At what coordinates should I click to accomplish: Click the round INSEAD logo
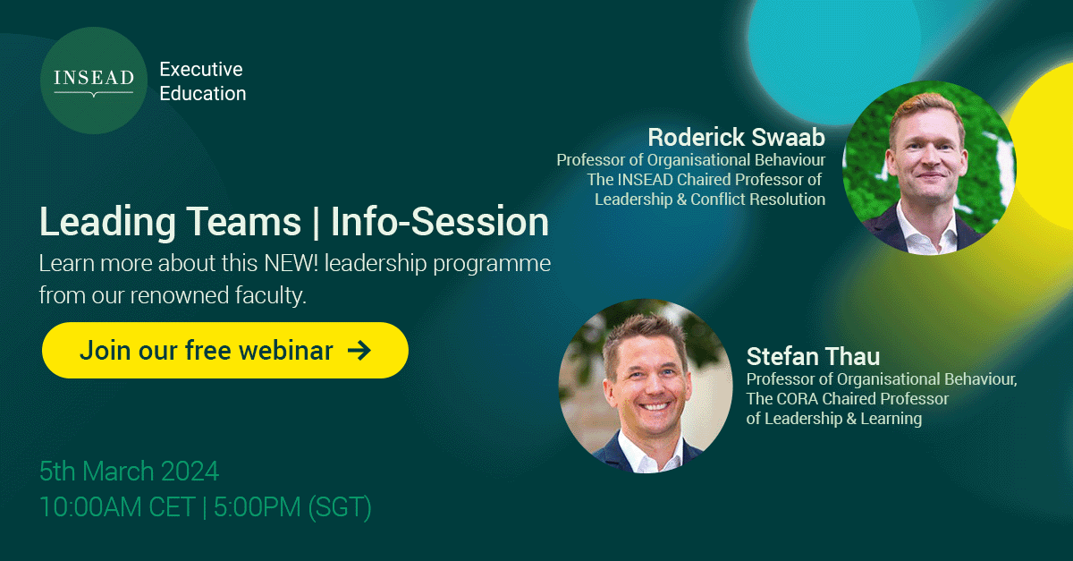coord(93,81)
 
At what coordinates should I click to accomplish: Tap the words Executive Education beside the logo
coord(202,81)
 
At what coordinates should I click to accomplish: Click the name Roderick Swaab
coord(736,137)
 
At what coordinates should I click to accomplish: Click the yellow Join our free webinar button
coord(224,350)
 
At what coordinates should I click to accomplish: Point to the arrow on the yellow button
coord(359,350)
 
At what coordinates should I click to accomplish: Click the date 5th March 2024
coord(129,471)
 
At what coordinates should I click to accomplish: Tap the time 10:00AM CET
coord(116,506)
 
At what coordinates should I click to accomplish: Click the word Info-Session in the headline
coord(440,222)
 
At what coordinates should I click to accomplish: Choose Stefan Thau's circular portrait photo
coord(646,385)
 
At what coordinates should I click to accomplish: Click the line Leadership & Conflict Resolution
coord(710,199)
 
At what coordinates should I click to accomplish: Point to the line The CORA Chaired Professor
coord(848,398)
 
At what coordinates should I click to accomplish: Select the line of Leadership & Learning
coord(834,418)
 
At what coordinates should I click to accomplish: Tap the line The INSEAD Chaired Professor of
coord(705,179)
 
